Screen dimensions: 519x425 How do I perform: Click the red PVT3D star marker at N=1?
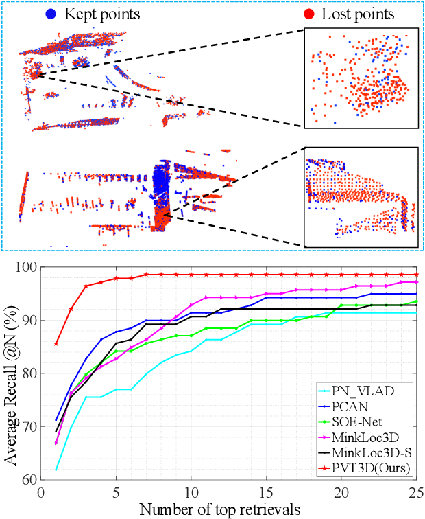[56, 343]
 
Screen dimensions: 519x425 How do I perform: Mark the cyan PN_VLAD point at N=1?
[56, 470]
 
